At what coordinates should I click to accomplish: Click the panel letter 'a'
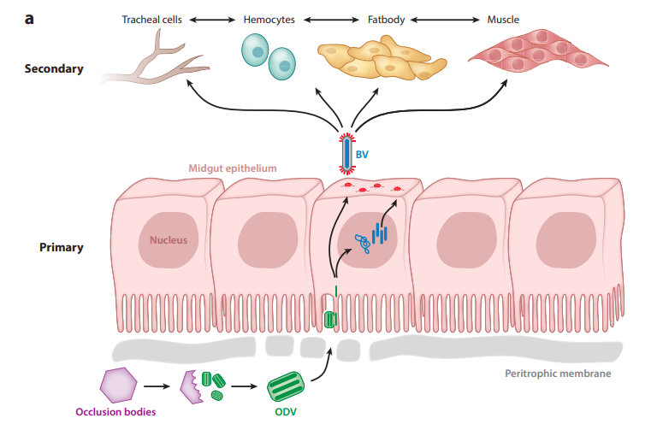click(x=29, y=19)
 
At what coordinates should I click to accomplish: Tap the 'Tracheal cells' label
click(x=151, y=20)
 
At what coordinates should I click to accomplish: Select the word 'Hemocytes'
click(x=269, y=20)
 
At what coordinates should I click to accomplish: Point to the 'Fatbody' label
click(x=386, y=20)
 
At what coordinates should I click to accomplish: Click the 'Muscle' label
click(x=503, y=20)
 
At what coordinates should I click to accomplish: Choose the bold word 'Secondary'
click(x=54, y=69)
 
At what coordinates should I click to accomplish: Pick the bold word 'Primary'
click(x=62, y=247)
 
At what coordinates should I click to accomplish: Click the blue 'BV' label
click(x=362, y=155)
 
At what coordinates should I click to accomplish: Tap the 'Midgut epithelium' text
click(x=233, y=168)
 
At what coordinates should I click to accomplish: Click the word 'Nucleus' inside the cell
click(x=169, y=240)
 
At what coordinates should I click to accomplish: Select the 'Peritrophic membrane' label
click(x=558, y=374)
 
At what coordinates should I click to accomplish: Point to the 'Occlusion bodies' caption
click(x=115, y=412)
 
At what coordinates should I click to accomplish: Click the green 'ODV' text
click(x=286, y=412)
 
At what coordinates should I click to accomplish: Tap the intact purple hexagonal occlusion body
click(x=118, y=385)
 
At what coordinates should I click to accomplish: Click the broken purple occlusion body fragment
click(x=190, y=387)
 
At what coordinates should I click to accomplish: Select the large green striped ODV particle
click(x=286, y=386)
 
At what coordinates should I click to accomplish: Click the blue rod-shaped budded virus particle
click(x=346, y=154)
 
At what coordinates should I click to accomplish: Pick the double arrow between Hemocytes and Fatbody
click(x=331, y=20)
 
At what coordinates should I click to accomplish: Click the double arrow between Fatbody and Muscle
click(x=445, y=20)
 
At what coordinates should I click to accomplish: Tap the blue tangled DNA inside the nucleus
click(x=364, y=244)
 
